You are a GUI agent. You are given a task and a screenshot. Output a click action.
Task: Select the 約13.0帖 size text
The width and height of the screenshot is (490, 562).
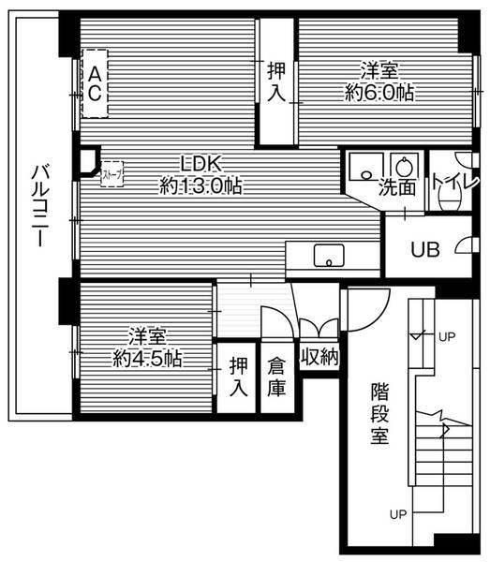click(200, 185)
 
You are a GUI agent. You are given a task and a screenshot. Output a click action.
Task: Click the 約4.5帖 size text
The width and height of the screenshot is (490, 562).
click(148, 358)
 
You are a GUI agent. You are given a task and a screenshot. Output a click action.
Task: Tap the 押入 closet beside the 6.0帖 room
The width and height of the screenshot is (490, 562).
click(276, 81)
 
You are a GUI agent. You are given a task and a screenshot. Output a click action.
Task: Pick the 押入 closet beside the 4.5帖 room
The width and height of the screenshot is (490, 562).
click(240, 377)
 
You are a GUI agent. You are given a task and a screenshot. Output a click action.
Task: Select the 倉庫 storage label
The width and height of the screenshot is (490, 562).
click(276, 377)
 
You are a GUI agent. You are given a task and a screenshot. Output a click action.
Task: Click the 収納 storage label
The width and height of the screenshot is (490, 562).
click(319, 357)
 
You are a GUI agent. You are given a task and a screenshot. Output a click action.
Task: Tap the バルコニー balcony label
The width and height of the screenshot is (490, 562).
click(38, 207)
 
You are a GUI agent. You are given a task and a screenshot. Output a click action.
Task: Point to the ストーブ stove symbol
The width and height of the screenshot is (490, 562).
click(110, 174)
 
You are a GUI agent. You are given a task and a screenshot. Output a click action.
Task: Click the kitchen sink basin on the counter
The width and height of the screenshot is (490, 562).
click(329, 254)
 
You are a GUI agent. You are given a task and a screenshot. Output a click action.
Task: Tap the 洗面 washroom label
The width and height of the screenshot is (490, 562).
click(397, 187)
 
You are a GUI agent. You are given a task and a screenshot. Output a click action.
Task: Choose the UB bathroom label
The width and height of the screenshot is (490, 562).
click(425, 250)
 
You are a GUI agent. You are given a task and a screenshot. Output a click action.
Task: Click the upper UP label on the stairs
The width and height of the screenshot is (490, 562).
click(447, 336)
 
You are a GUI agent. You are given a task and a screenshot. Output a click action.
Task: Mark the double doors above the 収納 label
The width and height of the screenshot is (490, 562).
click(319, 328)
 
